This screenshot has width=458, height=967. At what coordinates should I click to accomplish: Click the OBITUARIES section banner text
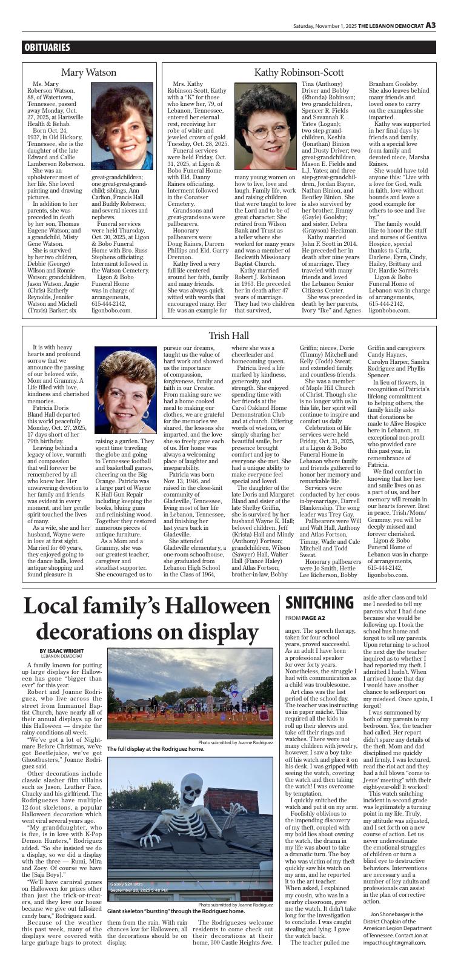tap(47, 47)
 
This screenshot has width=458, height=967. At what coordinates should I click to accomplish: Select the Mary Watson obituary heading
tap(89, 73)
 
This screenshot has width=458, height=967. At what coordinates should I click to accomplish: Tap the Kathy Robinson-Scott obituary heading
tap(299, 73)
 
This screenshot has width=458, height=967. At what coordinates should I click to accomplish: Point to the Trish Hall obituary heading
tap(228, 335)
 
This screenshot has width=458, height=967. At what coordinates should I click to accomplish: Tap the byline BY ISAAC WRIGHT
tap(53, 650)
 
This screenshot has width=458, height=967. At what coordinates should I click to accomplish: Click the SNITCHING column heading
tap(319, 602)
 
